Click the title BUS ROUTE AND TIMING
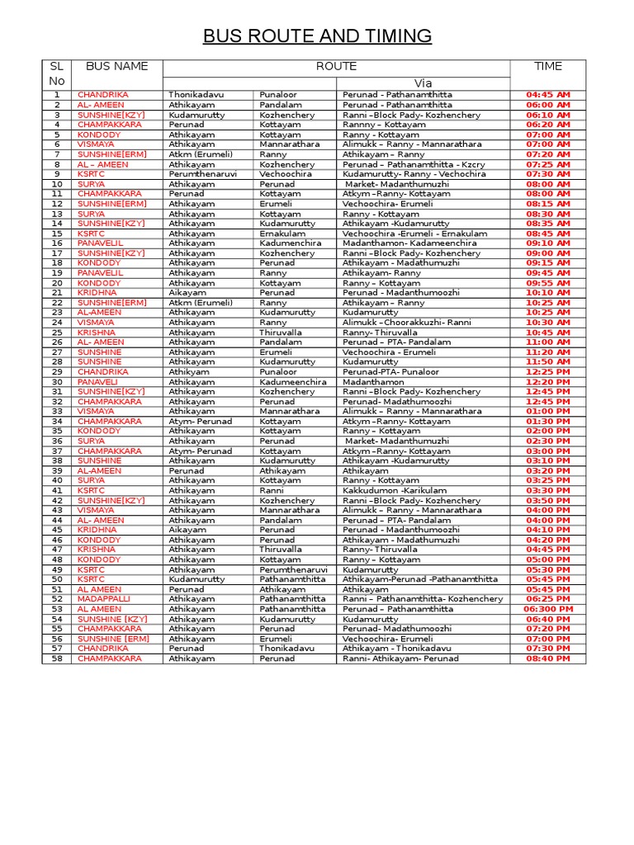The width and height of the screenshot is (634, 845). click(317, 36)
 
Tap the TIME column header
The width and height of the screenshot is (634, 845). click(547, 66)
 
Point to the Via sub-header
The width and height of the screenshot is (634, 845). click(423, 83)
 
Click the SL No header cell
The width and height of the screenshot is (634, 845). click(57, 73)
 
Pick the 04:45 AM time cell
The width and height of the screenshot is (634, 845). click(547, 95)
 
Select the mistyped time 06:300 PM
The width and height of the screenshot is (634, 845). click(547, 609)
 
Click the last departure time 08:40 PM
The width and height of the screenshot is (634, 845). click(547, 659)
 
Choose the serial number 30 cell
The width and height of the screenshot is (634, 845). click(57, 382)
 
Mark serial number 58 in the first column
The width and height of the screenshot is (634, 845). click(57, 659)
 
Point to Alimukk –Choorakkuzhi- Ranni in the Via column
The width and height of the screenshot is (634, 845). click(406, 323)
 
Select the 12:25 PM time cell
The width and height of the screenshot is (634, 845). click(547, 372)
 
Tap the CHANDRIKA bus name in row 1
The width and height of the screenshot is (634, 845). click(102, 95)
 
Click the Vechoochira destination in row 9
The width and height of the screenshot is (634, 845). click(286, 174)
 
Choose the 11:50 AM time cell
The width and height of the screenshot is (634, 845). click(547, 362)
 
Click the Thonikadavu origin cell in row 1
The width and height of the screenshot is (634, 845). click(196, 95)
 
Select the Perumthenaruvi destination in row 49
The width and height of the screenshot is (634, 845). click(293, 569)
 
